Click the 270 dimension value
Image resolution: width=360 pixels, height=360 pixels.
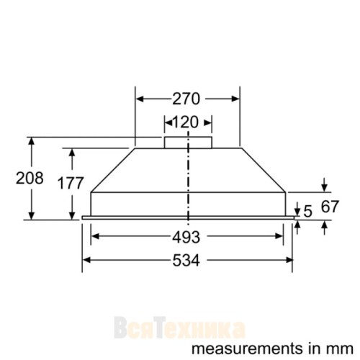coord(186,99)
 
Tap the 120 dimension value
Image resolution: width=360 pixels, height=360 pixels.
coord(185,122)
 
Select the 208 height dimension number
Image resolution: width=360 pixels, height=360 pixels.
coord(30,178)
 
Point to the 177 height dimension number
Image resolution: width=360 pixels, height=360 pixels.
coord(71,183)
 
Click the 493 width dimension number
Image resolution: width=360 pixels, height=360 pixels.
coord(186,237)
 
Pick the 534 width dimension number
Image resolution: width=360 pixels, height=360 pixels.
coord(186,261)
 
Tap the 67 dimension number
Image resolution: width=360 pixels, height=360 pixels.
coord(330,207)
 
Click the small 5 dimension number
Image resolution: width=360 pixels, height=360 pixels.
coord(307,212)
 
